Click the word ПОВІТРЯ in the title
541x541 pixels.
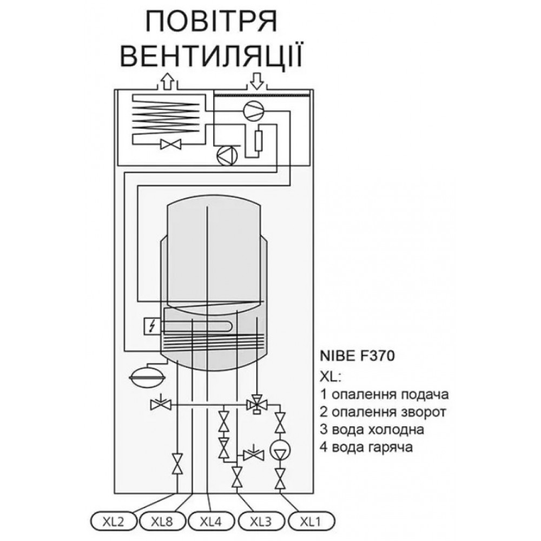pyautogui.click(x=212, y=22)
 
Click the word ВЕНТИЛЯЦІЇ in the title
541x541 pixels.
pyautogui.click(x=212, y=55)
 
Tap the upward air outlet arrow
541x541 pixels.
pyautogui.click(x=167, y=81)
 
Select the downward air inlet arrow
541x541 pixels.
pyautogui.click(x=256, y=81)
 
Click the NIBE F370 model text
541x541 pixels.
pyautogui.click(x=357, y=356)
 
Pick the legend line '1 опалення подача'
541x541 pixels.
pyautogui.click(x=384, y=394)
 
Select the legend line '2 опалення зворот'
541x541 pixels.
pyautogui.click(x=383, y=412)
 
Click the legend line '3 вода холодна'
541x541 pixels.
pyautogui.click(x=372, y=430)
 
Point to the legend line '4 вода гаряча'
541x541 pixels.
pyautogui.click(x=366, y=447)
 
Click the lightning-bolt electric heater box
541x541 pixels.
pyautogui.click(x=152, y=326)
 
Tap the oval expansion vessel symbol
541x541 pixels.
pyautogui.click(x=147, y=377)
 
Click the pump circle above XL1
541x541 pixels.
pyautogui.click(x=280, y=450)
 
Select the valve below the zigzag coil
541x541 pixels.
pyautogui.click(x=171, y=144)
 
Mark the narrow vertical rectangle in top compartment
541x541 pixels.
pyautogui.click(x=258, y=141)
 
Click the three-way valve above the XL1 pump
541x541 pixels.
pyautogui.click(x=256, y=404)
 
